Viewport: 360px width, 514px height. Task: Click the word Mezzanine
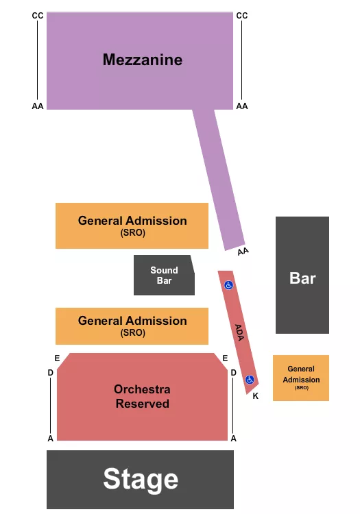(143, 60)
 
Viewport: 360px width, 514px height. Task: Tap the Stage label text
(141, 479)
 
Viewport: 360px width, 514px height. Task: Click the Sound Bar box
(164, 275)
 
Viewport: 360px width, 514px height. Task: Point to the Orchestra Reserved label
(142, 396)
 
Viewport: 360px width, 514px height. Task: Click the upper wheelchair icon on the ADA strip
(229, 284)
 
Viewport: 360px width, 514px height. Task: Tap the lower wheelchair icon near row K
(250, 379)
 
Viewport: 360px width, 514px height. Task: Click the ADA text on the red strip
(239, 332)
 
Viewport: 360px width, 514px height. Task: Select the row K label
(255, 396)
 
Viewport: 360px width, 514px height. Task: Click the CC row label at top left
(38, 16)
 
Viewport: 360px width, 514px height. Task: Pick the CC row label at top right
(242, 16)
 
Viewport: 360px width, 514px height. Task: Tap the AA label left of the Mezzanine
(38, 106)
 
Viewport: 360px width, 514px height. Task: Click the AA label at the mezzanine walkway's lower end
(243, 252)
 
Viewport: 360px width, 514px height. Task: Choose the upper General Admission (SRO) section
(132, 225)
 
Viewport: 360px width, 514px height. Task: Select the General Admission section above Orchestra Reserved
(132, 326)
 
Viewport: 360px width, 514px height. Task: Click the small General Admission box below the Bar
(301, 378)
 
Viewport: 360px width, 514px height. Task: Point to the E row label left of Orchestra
(57, 358)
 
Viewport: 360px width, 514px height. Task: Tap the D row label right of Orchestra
(233, 373)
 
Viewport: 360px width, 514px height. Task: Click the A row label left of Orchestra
(50, 438)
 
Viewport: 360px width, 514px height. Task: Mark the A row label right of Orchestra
(233, 438)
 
